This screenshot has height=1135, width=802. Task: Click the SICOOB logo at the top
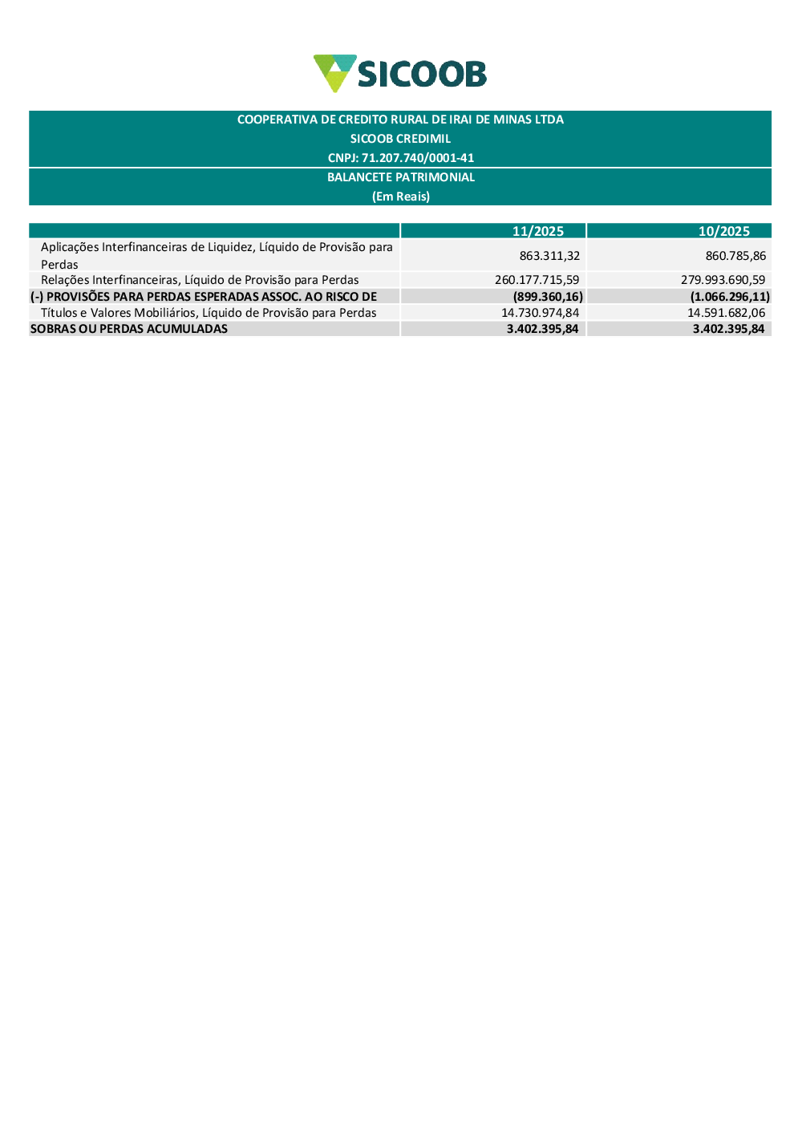[399, 73]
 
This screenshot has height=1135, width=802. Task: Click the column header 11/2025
[537, 231]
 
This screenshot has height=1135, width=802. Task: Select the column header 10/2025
[723, 231]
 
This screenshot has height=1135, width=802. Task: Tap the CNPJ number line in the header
[400, 158]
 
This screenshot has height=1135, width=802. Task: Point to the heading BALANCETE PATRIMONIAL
[400, 177]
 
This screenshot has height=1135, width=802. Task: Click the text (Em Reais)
[400, 197]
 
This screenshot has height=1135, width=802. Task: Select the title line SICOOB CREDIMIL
[400, 139]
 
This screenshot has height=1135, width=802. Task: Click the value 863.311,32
[549, 256]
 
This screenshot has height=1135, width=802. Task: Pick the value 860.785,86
[735, 256]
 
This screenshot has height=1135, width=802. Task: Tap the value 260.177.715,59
[537, 280]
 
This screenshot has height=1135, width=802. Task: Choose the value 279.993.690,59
[723, 280]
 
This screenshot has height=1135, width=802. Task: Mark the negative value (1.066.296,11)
[730, 297]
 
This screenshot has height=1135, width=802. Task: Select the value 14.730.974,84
[540, 313]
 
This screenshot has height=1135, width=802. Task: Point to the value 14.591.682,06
[726, 313]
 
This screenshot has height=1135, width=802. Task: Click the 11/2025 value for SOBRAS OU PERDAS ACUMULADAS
[542, 329]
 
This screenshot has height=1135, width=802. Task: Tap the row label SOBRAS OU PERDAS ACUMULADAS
[129, 329]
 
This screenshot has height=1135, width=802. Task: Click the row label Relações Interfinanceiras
[200, 280]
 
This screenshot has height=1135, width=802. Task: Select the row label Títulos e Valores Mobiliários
[209, 313]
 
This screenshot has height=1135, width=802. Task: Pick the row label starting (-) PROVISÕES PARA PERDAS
[204, 297]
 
